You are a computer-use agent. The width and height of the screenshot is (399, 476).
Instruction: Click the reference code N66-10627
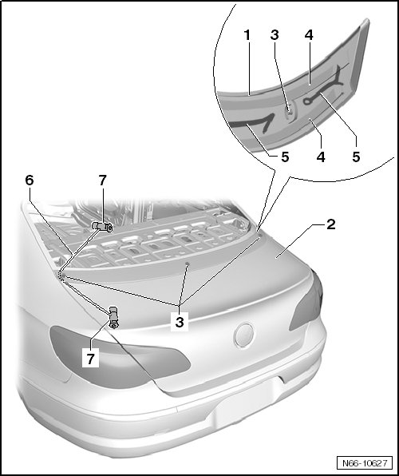365,463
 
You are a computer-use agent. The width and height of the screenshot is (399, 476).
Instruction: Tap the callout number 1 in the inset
247,35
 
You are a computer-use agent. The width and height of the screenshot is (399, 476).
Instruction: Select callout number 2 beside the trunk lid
330,224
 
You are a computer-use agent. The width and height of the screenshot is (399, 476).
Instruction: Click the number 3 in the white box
180,322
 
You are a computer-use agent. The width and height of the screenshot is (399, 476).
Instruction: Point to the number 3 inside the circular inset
275,35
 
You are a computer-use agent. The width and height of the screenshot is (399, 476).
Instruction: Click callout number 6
30,180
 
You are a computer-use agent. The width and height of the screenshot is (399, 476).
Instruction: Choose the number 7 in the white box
90,359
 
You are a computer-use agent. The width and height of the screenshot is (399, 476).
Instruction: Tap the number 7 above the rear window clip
103,180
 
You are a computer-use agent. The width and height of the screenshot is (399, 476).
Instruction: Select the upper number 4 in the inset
309,35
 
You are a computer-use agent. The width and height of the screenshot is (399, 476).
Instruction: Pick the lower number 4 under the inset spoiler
321,157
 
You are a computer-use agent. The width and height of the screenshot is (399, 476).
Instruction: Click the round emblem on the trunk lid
243,335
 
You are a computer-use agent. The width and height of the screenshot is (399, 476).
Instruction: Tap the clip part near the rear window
102,227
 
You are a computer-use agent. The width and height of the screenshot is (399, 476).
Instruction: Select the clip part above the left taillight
113,317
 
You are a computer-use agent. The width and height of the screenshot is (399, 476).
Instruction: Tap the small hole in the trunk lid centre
188,264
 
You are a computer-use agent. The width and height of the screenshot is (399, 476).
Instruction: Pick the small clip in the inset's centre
290,111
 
